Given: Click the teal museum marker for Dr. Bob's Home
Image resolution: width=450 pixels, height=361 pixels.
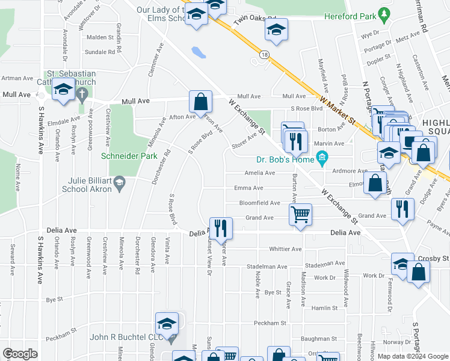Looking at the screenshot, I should (x=322, y=159).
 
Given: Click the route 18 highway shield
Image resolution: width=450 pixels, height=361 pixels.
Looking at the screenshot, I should (x=265, y=55).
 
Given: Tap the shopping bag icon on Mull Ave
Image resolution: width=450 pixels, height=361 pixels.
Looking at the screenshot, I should (x=200, y=101).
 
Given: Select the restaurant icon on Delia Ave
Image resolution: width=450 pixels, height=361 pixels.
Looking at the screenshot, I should (x=221, y=227).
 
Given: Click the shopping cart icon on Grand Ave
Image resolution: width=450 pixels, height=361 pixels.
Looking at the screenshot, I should (x=300, y=214).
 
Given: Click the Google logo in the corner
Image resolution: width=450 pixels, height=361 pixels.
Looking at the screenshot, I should (x=20, y=354).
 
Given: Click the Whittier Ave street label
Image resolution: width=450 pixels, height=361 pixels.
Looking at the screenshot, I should (x=285, y=249).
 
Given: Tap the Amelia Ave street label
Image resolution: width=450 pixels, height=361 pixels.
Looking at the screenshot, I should (x=260, y=173).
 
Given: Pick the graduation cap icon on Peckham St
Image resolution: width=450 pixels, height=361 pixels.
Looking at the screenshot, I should (x=167, y=323).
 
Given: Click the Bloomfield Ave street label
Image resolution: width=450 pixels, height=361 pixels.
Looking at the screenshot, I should (x=260, y=203).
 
